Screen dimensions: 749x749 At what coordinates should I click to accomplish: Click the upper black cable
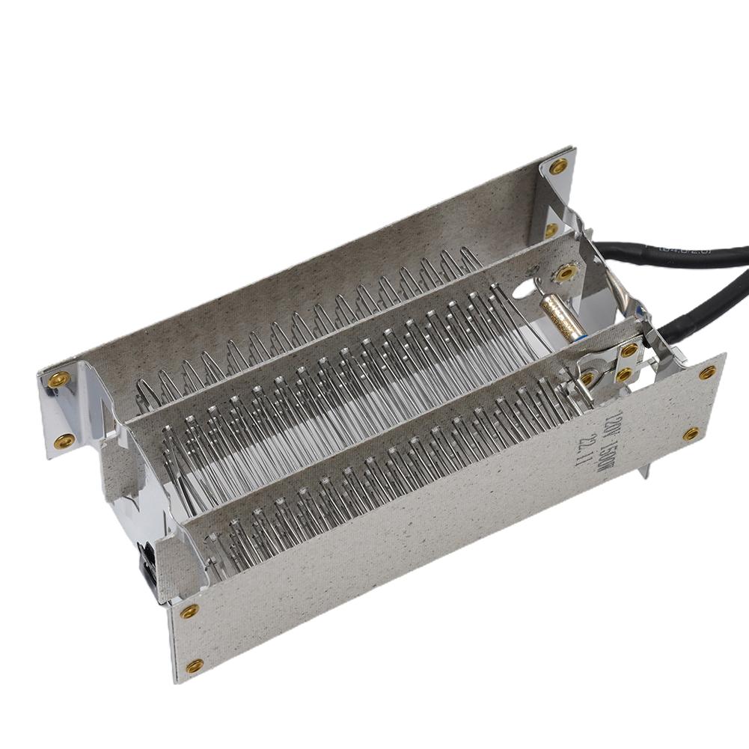[x=673, y=255]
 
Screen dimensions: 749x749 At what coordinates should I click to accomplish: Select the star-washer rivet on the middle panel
[x=566, y=273]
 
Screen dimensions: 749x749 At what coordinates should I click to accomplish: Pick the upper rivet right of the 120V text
[x=707, y=372]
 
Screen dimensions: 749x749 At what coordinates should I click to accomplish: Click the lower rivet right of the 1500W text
[x=691, y=433]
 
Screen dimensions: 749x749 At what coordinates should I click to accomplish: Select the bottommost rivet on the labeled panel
[x=195, y=664]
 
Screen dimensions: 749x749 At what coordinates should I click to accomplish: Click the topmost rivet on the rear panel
[x=558, y=166]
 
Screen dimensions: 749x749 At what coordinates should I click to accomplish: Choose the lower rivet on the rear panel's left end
[x=65, y=439]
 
